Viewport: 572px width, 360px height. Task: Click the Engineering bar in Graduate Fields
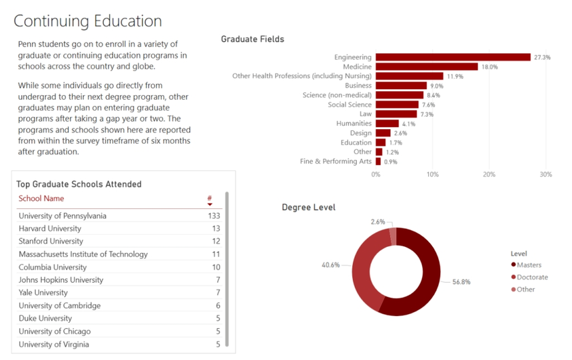(x=453, y=57)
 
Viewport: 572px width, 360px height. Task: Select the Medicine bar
(x=427, y=67)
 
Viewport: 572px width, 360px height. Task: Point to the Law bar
(x=396, y=114)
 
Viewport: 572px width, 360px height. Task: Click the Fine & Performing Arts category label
(x=336, y=162)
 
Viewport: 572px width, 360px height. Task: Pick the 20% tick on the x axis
(x=489, y=174)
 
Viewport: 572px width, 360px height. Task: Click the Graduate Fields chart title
(x=252, y=39)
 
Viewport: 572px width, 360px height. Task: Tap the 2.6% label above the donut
(x=378, y=222)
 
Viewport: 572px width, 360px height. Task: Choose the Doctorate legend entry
(x=533, y=277)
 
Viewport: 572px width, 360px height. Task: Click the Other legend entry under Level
(x=526, y=289)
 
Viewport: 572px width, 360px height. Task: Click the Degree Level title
(x=308, y=208)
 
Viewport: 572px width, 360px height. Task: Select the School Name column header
(x=41, y=198)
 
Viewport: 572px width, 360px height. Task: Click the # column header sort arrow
(x=210, y=204)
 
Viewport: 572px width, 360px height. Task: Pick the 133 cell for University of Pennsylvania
(x=213, y=216)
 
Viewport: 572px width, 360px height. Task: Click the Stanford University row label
(x=51, y=242)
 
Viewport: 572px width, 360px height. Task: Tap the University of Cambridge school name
(x=59, y=305)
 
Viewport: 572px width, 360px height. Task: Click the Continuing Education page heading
(x=87, y=21)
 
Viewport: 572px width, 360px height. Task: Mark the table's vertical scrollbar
(x=227, y=266)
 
